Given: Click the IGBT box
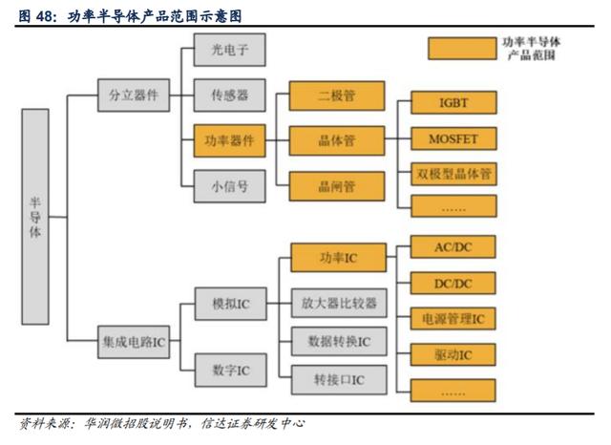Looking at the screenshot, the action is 454,102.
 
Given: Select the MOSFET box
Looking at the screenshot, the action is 454,138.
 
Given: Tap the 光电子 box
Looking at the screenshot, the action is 230,50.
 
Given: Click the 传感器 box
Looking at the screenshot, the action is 230,95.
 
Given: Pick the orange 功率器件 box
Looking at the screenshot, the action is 230,140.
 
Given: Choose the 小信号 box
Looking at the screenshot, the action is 230,186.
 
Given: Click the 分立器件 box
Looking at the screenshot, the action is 134,95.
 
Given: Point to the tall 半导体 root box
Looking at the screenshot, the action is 35,217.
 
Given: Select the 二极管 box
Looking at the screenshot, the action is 337,95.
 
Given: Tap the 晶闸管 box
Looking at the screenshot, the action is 337,186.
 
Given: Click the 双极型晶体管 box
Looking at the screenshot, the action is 454,174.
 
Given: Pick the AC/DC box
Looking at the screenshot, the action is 453,246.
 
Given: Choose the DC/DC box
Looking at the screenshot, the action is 453,283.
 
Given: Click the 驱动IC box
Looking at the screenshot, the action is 453,354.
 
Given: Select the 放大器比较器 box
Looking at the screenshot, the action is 340,303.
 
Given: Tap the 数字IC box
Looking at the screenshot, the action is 231,370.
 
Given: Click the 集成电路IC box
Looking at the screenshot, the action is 134,342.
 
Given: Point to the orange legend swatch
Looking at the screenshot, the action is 462,49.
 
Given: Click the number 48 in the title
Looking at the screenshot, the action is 45,16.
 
